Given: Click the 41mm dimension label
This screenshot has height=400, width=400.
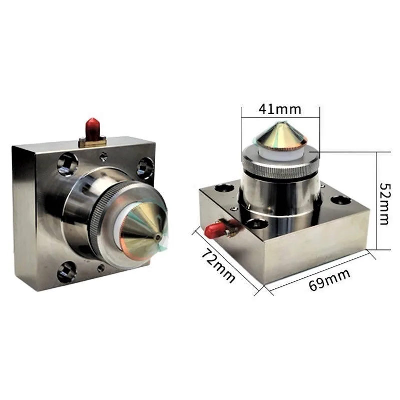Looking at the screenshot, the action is click(280, 109).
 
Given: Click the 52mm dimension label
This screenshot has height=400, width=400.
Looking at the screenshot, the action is click(384, 204).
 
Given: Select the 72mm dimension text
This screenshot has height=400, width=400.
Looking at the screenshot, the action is click(218, 265).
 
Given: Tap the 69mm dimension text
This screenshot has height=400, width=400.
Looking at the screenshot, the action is click(329, 279).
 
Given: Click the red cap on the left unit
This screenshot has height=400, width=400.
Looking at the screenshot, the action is click(93, 129).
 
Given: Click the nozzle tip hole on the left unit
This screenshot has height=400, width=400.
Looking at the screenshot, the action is click(159, 237).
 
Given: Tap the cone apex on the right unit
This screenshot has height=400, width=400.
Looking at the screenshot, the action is click(279, 124).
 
